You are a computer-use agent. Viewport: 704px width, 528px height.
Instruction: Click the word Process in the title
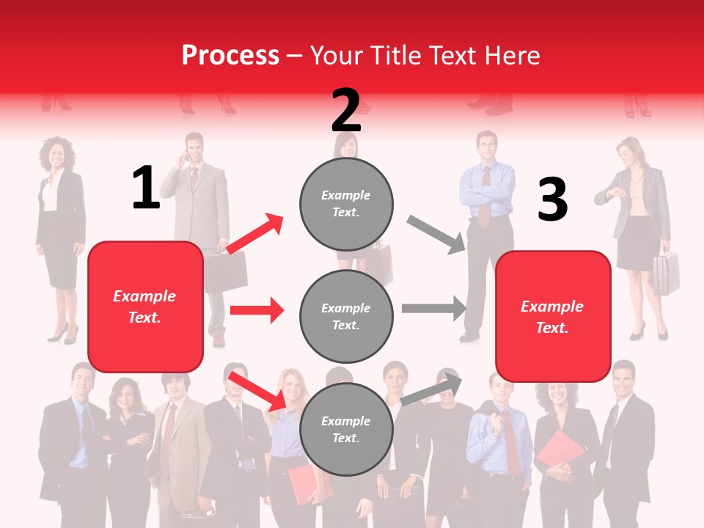pyautogui.click(x=230, y=55)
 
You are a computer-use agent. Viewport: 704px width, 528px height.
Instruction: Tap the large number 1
pyautogui.click(x=145, y=188)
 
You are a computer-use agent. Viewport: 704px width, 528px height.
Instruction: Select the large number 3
pyautogui.click(x=552, y=199)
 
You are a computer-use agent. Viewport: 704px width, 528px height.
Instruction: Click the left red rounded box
pyautogui.click(x=145, y=307)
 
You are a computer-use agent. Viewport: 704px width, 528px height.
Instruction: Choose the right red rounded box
pyautogui.click(x=553, y=316)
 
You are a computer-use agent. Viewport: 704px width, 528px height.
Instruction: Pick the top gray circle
pyautogui.click(x=346, y=204)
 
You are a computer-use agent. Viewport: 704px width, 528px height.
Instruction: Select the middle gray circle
pyautogui.click(x=346, y=316)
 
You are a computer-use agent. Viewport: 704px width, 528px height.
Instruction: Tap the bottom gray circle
pyautogui.click(x=346, y=429)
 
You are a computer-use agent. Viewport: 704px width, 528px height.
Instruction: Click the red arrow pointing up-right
pyautogui.click(x=254, y=234)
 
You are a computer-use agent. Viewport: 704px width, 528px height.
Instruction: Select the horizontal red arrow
pyautogui.click(x=257, y=310)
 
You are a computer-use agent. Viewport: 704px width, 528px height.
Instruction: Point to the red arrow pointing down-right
pyautogui.click(x=257, y=391)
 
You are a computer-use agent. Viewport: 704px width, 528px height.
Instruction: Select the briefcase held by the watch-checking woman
pyautogui.click(x=665, y=273)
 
